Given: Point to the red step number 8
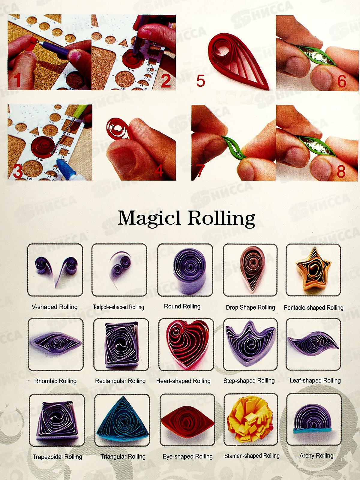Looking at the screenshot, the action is point(341,171).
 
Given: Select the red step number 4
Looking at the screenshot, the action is point(159,170).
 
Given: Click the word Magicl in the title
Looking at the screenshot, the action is point(149,218).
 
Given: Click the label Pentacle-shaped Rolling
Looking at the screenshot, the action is point(313,308).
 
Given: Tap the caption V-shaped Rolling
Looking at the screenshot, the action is point(55,307).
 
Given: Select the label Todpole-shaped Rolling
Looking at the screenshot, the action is point(118,307).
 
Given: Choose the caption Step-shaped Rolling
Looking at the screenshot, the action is point(249,381).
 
